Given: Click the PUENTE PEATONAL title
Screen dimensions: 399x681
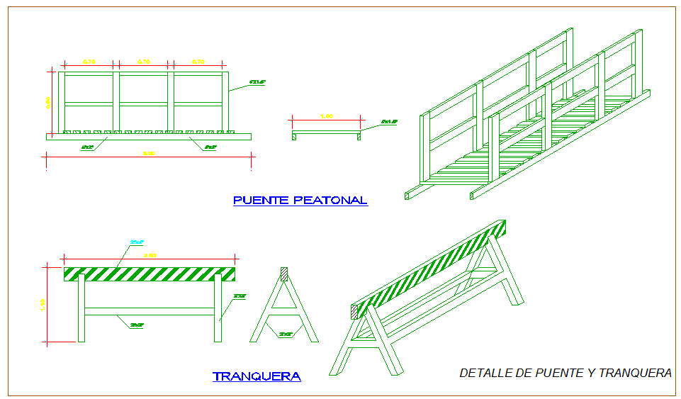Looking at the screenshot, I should click(x=300, y=201).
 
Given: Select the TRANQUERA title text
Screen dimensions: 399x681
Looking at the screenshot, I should click(x=257, y=376).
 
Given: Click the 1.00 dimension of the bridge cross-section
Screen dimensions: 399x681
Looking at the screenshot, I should click(x=327, y=116).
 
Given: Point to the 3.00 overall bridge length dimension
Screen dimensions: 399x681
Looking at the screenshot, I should click(x=149, y=153).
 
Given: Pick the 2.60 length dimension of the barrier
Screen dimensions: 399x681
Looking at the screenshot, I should click(x=150, y=255).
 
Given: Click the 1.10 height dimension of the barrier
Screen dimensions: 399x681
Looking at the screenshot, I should click(x=43, y=304).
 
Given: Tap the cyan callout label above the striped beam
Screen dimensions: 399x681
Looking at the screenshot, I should click(x=137, y=243).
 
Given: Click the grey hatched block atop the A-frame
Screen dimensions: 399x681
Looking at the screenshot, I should click(x=284, y=273).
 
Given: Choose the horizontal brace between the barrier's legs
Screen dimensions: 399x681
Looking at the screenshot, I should click(x=150, y=311).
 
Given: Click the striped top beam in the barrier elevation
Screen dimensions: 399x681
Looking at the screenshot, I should click(x=150, y=274).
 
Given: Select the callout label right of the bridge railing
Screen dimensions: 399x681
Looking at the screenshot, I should click(x=257, y=83).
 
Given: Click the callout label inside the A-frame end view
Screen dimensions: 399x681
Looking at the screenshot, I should click(x=286, y=334).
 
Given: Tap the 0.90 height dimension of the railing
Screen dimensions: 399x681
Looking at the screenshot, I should click(x=48, y=102).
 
